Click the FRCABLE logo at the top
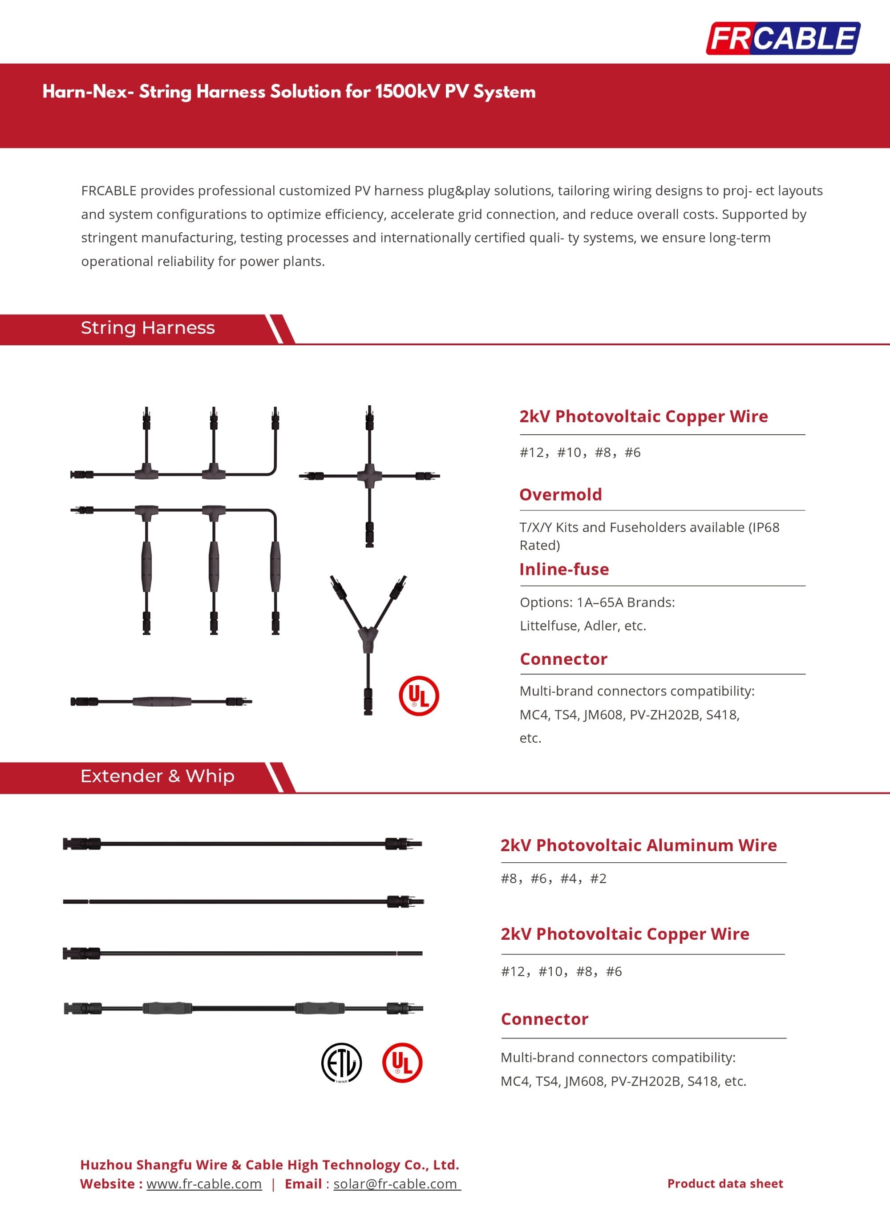coord(783,38)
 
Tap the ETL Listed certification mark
coord(342,1062)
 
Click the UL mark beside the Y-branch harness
coord(419,695)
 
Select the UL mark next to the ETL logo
coord(402,1062)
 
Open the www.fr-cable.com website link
coord(204,1184)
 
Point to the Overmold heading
coord(560,494)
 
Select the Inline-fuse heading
coord(564,569)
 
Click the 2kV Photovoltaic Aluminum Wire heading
coord(639,845)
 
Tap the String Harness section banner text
coord(148,328)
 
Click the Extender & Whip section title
coord(158,776)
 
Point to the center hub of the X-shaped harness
coord(370,476)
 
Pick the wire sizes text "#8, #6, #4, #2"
coord(553,878)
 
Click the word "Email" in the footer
coord(303,1184)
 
